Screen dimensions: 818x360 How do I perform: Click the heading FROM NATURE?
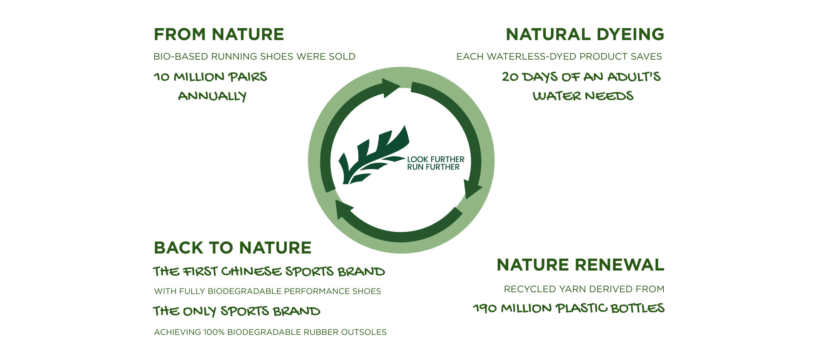(x=219, y=35)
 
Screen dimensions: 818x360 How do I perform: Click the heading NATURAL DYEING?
(x=585, y=35)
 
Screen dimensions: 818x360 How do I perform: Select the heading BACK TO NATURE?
(x=233, y=248)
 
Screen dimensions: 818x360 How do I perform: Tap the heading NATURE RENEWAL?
(x=580, y=265)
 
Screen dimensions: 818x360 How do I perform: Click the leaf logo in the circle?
(x=373, y=156)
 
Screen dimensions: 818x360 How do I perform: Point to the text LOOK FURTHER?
(x=435, y=159)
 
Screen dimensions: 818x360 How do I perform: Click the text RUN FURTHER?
(x=433, y=167)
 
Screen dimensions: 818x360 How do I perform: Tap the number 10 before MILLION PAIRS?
(x=161, y=77)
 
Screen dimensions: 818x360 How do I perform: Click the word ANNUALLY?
(x=212, y=96)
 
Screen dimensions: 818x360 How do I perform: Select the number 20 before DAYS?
(x=510, y=77)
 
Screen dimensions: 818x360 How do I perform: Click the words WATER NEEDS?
(x=583, y=96)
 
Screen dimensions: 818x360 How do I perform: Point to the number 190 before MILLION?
(x=485, y=308)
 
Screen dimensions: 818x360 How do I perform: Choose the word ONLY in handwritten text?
(x=199, y=311)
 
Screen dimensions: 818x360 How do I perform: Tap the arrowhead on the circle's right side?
(x=472, y=189)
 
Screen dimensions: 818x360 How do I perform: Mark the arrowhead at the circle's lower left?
(x=345, y=209)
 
